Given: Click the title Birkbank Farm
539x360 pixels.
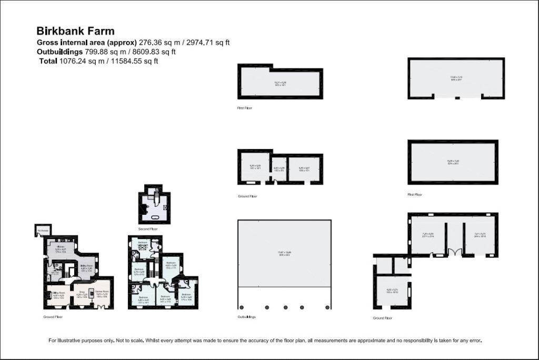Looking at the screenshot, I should (x=75, y=31).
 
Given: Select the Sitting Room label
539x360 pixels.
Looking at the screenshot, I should (x=58, y=292).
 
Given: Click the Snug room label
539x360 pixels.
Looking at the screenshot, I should (x=81, y=292).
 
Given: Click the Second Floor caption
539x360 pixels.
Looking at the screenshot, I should (x=148, y=229).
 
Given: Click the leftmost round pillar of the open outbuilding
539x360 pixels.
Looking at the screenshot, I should (x=242, y=307).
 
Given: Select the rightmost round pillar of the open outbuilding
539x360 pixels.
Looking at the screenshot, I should (x=328, y=307).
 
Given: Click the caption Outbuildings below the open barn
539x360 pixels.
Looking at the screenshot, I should (x=247, y=317).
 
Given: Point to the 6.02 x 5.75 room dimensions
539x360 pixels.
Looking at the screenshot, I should (x=392, y=291).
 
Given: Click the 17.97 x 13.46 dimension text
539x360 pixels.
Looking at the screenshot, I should (x=284, y=253).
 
